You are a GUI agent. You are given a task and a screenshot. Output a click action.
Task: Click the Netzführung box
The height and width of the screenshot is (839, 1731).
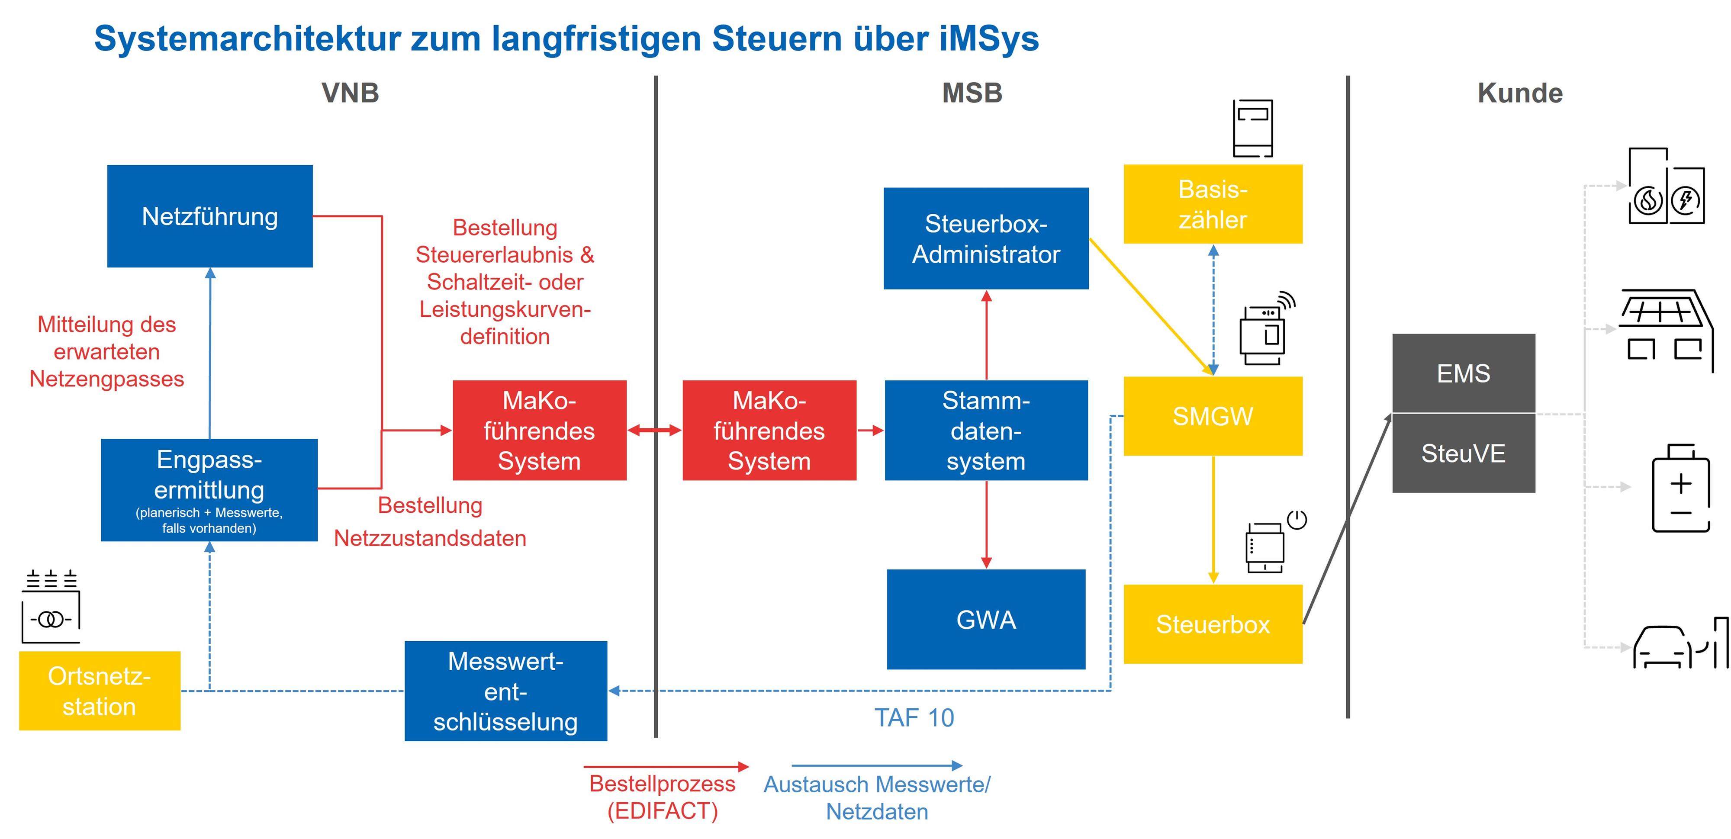(209, 216)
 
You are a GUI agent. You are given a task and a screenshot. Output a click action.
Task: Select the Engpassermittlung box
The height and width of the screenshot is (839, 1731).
(209, 490)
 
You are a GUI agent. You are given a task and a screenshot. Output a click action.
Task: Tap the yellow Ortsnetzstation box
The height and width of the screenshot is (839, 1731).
(100, 691)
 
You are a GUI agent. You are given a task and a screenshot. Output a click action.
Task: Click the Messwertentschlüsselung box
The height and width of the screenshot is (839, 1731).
(506, 691)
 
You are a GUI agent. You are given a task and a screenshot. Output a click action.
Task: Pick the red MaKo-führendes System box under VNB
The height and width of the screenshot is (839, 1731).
(540, 431)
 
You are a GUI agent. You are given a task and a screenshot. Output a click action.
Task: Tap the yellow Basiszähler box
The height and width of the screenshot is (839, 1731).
(1213, 204)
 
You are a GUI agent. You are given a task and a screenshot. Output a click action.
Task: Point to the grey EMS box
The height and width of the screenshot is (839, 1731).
(1464, 373)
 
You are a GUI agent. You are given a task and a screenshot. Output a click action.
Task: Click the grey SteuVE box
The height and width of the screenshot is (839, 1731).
(1464, 453)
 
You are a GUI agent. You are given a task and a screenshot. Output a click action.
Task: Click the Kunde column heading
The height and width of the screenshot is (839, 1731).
(1520, 93)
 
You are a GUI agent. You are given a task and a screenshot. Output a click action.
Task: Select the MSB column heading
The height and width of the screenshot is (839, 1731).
(972, 93)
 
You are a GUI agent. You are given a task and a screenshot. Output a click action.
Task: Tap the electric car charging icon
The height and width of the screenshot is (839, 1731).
(1680, 644)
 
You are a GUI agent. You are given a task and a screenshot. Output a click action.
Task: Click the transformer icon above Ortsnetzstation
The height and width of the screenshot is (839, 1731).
(51, 607)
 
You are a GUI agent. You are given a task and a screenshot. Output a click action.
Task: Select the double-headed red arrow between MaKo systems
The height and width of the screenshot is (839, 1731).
(654, 431)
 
